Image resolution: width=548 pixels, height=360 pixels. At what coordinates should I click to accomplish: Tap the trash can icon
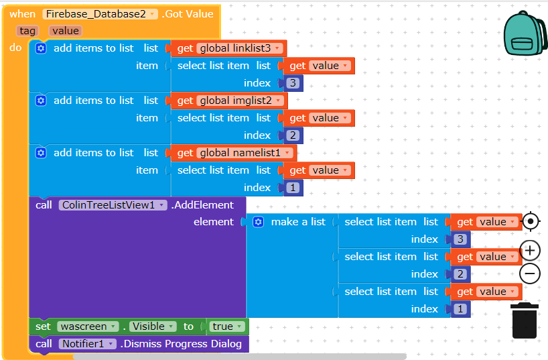(x=524, y=320)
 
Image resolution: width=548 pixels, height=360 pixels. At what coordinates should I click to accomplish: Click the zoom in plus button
(x=530, y=251)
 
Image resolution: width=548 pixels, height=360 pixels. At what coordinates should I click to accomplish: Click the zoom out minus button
(x=530, y=274)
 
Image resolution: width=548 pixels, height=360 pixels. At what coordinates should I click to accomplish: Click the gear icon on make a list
(x=259, y=222)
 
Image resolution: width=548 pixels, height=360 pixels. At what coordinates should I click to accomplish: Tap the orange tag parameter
(x=28, y=31)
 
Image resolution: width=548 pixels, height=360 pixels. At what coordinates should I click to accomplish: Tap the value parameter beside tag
(x=65, y=31)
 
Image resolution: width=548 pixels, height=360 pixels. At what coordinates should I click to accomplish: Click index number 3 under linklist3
(x=293, y=83)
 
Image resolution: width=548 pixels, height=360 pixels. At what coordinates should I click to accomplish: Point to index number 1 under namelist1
(x=293, y=188)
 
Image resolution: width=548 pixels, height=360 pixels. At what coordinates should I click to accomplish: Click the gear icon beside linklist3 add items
(x=41, y=48)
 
